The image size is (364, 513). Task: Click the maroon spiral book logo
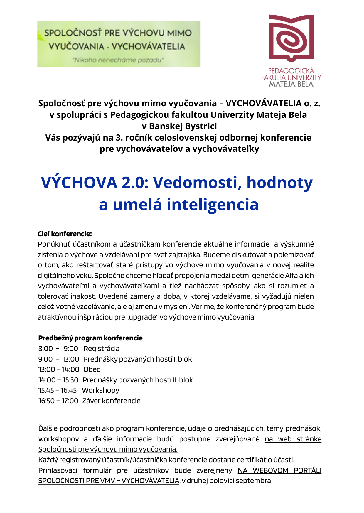coord(291,38)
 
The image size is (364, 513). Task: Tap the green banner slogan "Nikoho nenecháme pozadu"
coord(118,60)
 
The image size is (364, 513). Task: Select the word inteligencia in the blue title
coord(213,205)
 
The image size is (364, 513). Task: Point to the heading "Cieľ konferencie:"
coord(65,234)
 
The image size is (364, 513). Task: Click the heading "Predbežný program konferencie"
coord(90,338)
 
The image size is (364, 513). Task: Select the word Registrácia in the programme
coord(102,349)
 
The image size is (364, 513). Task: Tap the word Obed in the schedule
coord(92,369)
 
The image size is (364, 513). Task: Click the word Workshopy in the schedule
coord(101,390)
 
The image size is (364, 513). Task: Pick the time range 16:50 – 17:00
coord(58,401)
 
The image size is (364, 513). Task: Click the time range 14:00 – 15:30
coord(58,380)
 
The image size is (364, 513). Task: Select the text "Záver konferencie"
coord(111,401)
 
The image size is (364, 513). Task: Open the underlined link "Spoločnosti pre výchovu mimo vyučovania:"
coord(108,449)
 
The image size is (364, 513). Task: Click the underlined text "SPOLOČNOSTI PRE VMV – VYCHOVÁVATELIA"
coord(109,481)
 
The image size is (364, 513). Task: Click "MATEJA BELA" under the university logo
coord(291,84)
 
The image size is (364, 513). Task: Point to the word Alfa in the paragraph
coord(291,276)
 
